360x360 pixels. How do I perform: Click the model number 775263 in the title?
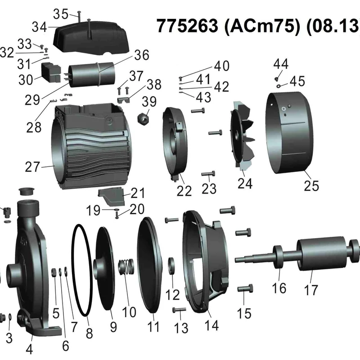coord(187,26)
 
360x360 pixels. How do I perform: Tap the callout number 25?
coord(311,185)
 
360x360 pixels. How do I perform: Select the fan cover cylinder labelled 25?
coord(289,133)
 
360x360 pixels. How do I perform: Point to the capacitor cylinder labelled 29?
coord(92,75)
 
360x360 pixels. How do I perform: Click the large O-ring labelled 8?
coord(82,270)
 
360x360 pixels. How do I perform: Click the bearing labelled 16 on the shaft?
coord(278,256)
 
